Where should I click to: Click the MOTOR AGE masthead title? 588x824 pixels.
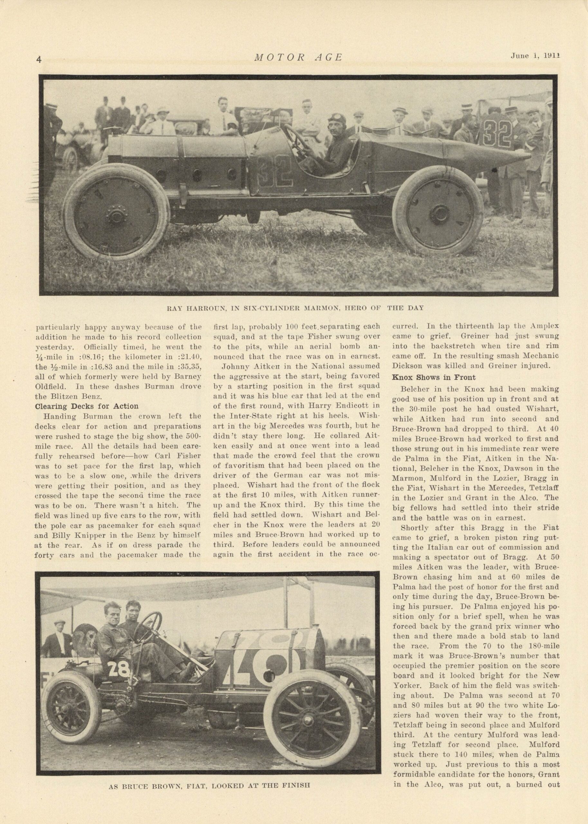coord(298,58)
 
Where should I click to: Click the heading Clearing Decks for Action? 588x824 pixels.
coord(87,406)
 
